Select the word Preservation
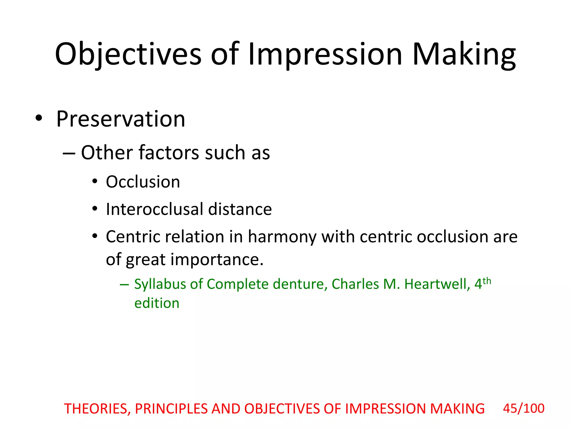click(x=120, y=119)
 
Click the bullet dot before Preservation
click(x=39, y=118)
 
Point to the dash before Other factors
click(x=69, y=154)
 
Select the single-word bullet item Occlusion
click(x=143, y=182)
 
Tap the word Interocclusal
click(x=154, y=209)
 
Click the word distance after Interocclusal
click(x=240, y=209)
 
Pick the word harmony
click(x=282, y=237)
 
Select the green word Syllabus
click(x=160, y=284)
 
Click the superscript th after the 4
click(x=487, y=281)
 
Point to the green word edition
click(x=157, y=303)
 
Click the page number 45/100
click(x=524, y=408)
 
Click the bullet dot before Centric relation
click(x=95, y=236)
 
